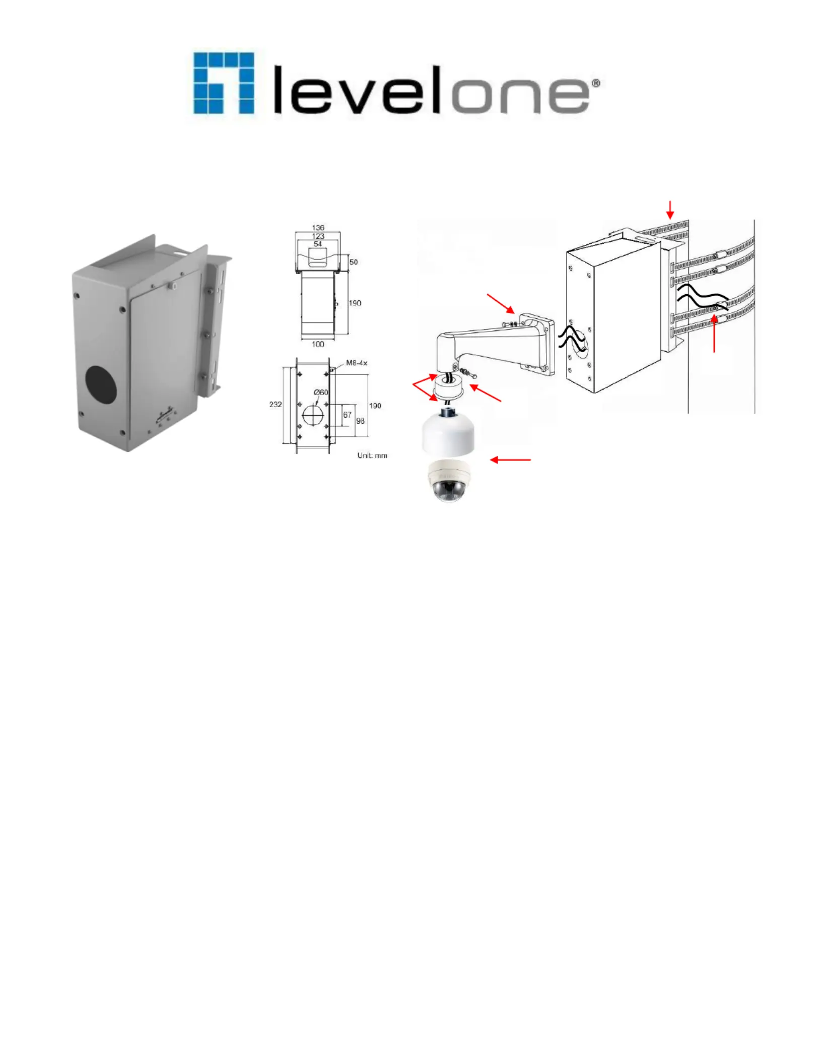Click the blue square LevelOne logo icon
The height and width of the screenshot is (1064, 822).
click(224, 83)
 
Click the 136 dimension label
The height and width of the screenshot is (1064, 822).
click(318, 228)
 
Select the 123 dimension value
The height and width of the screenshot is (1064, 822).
click(318, 236)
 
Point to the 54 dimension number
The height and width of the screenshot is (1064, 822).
click(318, 244)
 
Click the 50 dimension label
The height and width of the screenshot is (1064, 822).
click(354, 262)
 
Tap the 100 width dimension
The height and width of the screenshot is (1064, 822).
click(318, 344)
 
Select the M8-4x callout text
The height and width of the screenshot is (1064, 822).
click(357, 363)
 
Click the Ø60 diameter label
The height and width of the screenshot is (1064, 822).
click(321, 392)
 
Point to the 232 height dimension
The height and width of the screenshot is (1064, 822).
click(276, 404)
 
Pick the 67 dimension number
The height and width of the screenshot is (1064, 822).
click(347, 415)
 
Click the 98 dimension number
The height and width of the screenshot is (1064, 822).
click(360, 421)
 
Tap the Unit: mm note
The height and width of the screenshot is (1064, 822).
click(372, 455)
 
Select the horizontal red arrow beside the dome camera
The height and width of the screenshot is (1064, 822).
click(510, 459)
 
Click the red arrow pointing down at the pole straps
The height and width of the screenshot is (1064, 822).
click(670, 209)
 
